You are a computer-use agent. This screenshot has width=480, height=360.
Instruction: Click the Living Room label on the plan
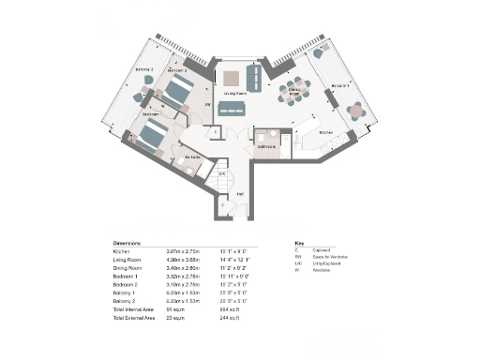[235, 94]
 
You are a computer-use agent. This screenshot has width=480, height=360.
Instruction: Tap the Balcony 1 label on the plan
[339, 85]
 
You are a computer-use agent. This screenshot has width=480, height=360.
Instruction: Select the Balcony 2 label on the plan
[143, 69]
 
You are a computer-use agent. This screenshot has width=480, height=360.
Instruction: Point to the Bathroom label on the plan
[266, 147]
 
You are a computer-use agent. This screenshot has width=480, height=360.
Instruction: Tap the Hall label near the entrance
[240, 194]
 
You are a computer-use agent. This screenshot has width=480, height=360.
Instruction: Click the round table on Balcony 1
[355, 110]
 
